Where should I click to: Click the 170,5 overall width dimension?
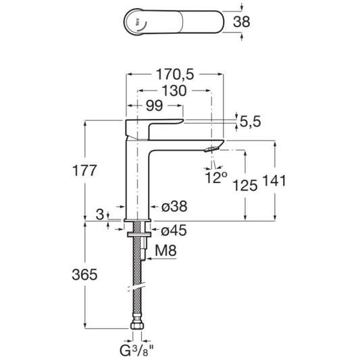[175, 74]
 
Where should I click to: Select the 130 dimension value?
[174, 91]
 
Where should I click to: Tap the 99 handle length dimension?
[154, 105]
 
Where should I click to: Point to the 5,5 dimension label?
[251, 122]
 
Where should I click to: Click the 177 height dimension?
[84, 171]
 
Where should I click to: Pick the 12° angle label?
[216, 177]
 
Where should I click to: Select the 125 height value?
[245, 185]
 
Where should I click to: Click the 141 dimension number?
[274, 180]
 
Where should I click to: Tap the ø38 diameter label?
[174, 206]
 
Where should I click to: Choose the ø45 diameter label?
[174, 230]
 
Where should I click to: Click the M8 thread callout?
[165, 251]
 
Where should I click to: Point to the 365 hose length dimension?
[84, 274]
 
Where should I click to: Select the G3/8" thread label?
[136, 351]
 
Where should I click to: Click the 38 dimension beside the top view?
[242, 22]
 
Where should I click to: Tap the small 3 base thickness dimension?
[100, 215]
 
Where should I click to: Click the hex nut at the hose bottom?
[137, 326]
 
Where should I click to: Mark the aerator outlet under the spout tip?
[211, 149]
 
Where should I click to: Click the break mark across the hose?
[136, 286]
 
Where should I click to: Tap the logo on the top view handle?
[137, 23]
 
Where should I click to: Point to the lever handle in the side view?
[154, 128]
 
